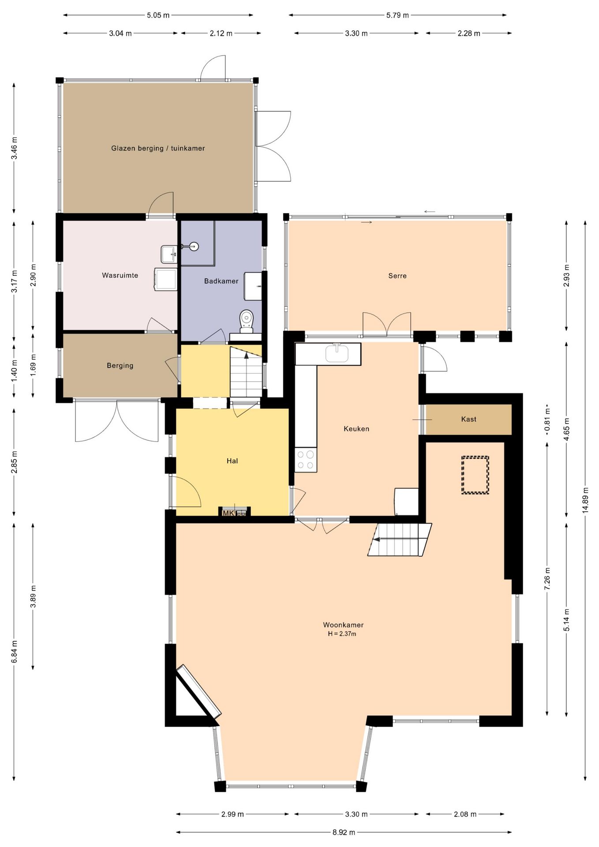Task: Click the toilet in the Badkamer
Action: coord(247,321)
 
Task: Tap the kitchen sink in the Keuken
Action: coord(337,353)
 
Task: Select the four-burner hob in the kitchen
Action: coord(306,459)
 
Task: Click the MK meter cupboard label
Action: coord(228,513)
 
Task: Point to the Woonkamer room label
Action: coord(343,625)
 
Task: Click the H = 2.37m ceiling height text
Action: coord(342,634)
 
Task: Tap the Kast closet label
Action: coord(468,419)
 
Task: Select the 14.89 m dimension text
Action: coord(585,500)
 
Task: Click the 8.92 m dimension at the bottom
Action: coord(344,832)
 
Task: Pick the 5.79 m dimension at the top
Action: coord(397,15)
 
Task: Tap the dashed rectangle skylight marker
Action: coord(475,475)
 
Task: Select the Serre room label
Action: coord(397,276)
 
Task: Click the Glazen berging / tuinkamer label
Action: coord(158,148)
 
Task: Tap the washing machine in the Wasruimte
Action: coord(166,279)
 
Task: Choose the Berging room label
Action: coord(120,365)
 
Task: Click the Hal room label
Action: coord(232,461)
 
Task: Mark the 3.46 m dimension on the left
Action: coord(14,149)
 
